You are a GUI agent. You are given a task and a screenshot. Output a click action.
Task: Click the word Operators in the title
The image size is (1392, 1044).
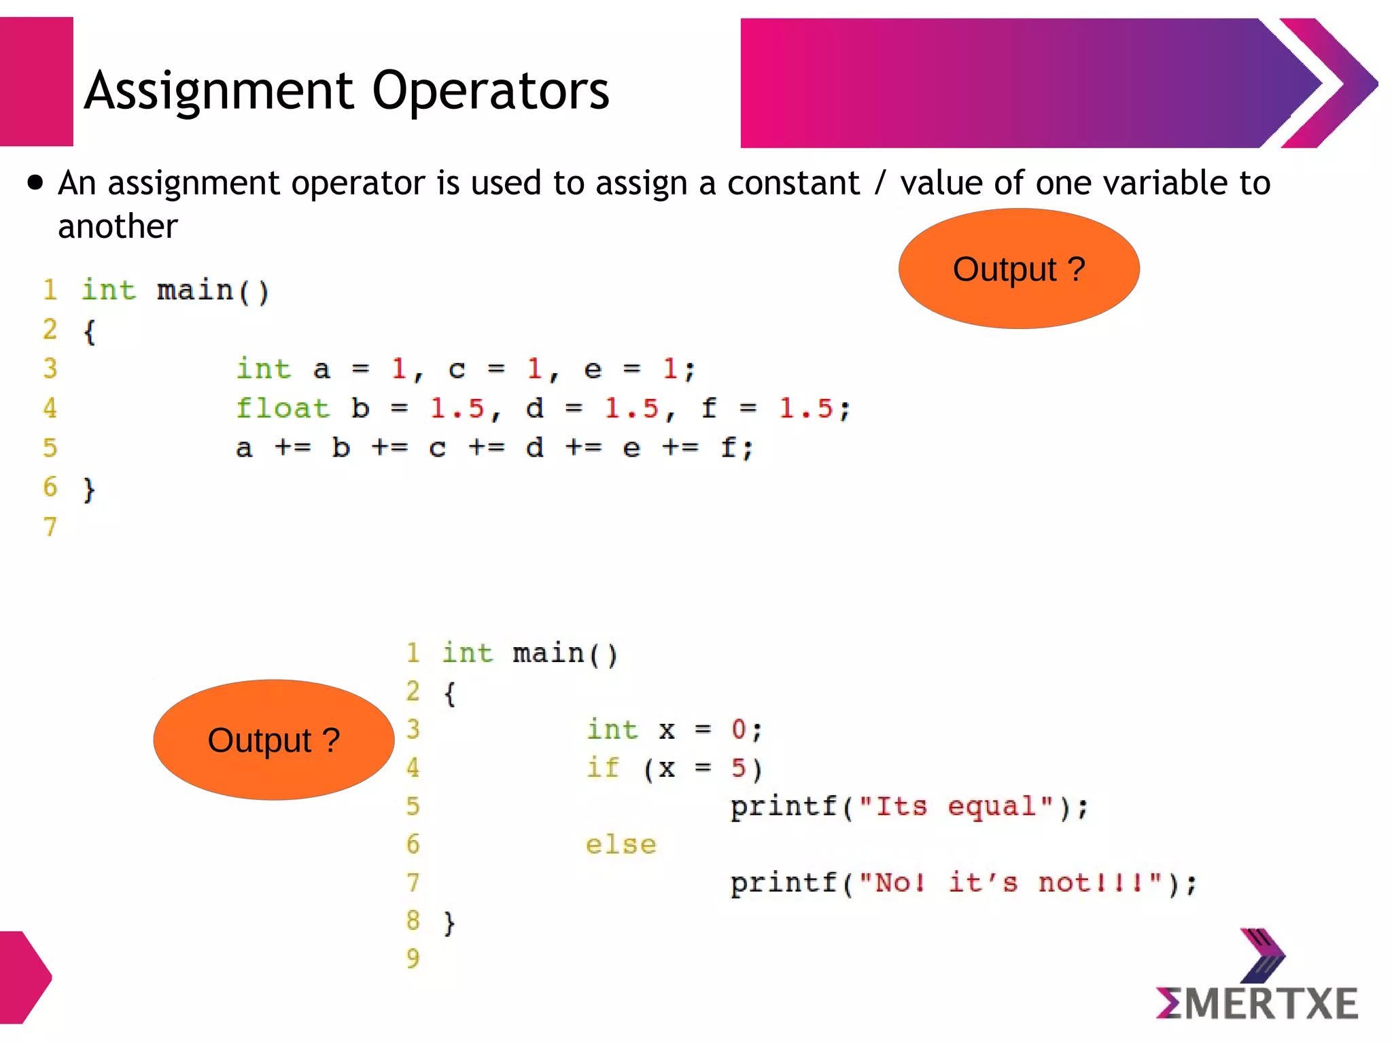[490, 92]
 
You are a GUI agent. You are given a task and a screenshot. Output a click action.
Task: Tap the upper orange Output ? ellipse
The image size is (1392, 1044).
[1018, 269]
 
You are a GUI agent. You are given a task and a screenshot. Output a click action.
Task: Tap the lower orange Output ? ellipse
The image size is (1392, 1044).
[273, 740]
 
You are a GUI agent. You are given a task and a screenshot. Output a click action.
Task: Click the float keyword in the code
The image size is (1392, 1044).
[282, 408]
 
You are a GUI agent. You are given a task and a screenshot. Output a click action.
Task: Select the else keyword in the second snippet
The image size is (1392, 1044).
[621, 845]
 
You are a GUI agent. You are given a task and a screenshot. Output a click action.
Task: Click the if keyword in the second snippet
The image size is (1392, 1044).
[603, 768]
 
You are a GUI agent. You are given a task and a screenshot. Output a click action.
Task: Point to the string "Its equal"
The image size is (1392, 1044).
[956, 807]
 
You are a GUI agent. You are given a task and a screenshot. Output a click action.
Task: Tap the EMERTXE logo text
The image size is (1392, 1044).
[1257, 1004]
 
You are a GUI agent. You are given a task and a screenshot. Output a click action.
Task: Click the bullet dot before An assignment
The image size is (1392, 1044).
[35, 183]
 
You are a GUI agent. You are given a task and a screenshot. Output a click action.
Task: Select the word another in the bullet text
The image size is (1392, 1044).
[118, 226]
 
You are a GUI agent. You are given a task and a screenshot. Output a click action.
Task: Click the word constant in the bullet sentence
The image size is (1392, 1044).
[793, 184]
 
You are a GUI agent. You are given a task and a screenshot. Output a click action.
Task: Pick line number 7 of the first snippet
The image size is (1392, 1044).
[50, 527]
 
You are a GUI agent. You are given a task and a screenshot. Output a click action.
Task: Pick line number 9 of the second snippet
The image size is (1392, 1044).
[413, 959]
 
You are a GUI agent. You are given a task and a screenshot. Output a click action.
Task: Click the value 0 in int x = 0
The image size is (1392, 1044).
[739, 730]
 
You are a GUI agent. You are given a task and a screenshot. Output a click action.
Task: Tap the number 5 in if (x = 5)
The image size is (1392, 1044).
[739, 768]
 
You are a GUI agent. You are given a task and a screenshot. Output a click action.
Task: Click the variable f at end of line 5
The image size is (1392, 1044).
[728, 448]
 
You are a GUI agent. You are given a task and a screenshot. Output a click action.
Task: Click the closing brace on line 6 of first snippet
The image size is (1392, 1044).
[89, 489]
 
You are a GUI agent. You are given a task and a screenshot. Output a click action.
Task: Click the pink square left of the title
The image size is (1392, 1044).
[36, 82]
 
